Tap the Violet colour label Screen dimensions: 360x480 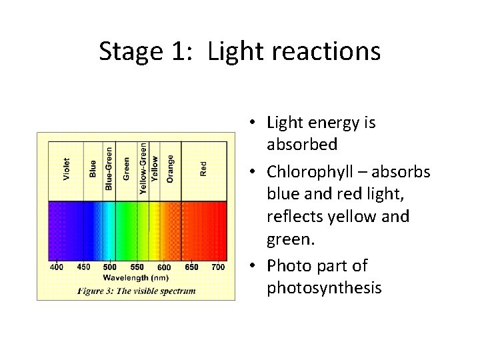click(67, 169)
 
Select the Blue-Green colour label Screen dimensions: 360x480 click(109, 167)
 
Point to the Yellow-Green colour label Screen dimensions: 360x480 click(143, 167)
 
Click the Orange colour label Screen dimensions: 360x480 click(171, 169)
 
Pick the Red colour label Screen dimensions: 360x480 click(203, 169)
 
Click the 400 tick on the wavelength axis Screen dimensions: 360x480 click(57, 267)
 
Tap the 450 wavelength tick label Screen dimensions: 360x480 click(84, 267)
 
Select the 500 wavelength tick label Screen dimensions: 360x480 click(110, 267)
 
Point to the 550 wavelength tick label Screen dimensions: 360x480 click(137, 267)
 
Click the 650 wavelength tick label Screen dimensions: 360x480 click(191, 267)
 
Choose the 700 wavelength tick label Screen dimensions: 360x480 click(218, 267)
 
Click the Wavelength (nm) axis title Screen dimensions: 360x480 click(135, 277)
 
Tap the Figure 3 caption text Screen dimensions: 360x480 click(136, 291)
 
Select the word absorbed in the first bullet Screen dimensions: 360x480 click(302, 144)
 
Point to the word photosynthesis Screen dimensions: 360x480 click(324, 288)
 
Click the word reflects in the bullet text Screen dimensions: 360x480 click(296, 217)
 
